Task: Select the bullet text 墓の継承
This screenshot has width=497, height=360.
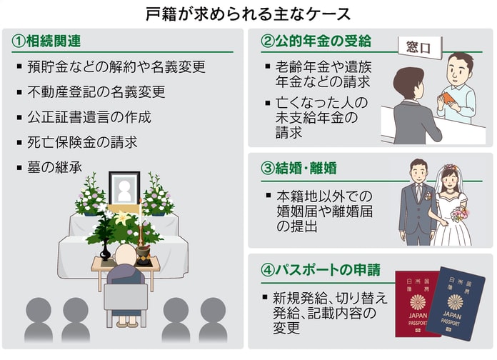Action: [56, 168]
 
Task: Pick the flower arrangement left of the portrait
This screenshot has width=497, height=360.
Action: [90, 194]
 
